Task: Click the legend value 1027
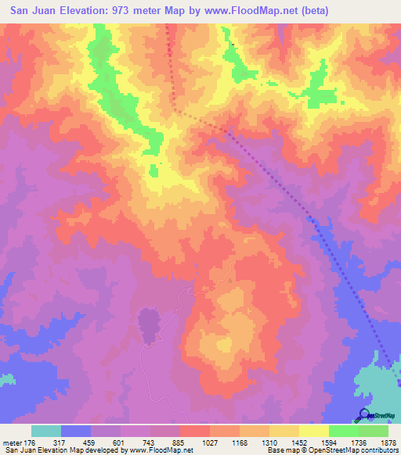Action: pos(209,442)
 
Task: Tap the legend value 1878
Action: pos(388,442)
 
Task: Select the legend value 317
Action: pos(60,442)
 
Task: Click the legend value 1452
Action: pos(298,442)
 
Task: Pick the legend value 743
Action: pos(150,442)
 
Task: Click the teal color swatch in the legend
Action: pos(46,431)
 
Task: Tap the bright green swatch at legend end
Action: pos(374,431)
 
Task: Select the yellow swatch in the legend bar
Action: pos(314,431)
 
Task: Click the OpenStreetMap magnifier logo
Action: pos(363,415)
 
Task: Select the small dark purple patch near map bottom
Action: pos(149,323)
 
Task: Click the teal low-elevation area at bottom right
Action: pos(376,387)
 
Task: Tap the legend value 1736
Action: pos(358,442)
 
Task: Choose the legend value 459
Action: pos(90,442)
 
